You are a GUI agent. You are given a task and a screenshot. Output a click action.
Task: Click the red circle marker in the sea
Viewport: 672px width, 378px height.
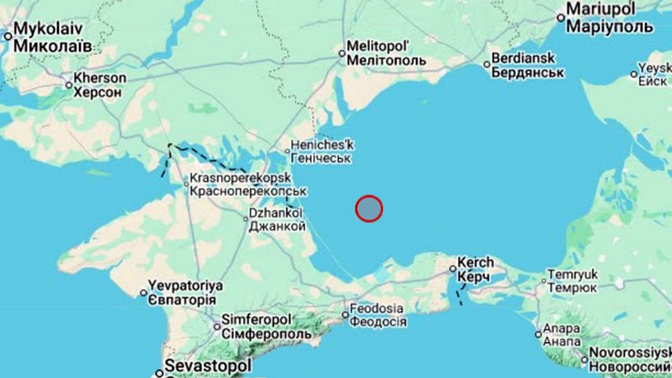click(369, 208)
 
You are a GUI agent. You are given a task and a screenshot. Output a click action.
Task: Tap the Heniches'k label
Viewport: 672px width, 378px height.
click(323, 151)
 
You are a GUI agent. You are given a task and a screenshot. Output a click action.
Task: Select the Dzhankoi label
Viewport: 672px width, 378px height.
click(276, 219)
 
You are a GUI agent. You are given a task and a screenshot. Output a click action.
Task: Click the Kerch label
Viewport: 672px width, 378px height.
click(476, 269)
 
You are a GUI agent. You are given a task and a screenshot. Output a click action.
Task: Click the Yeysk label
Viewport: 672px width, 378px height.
click(655, 74)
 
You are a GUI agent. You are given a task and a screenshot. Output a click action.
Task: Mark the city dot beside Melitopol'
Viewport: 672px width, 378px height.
click(342, 54)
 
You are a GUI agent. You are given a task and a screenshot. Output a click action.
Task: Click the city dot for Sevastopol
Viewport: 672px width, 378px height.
click(158, 370)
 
